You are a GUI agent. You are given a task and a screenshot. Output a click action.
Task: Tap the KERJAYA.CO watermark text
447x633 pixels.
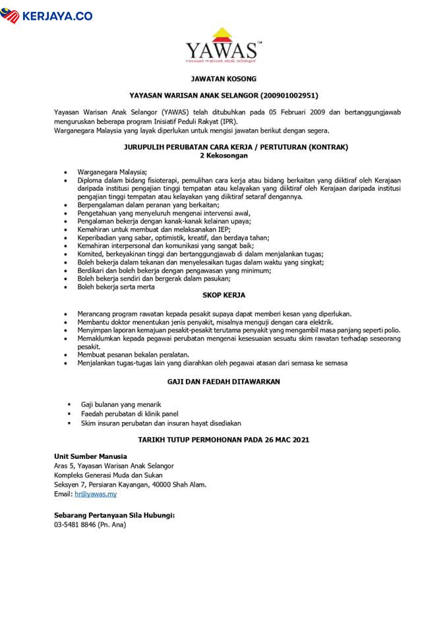coord(56,15)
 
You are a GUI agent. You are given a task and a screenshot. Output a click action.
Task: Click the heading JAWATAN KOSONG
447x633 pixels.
coord(223,78)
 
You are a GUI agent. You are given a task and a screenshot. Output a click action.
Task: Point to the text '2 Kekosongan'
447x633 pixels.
coord(223,155)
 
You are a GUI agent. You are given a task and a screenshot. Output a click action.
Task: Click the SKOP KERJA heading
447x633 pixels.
coord(223,296)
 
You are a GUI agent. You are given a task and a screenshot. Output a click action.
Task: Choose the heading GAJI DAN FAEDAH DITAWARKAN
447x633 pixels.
coord(223,381)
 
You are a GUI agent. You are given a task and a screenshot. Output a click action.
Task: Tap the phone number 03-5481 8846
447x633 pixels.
coord(74,525)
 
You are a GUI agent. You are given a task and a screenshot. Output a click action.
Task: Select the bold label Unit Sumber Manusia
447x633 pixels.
coord(90,456)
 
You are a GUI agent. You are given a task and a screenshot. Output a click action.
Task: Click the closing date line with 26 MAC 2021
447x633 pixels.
coord(223,438)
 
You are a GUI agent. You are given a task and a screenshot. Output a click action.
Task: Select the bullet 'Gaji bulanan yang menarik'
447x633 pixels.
coord(121,404)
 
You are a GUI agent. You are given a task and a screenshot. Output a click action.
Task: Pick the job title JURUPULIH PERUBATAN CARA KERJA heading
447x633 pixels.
coord(223,146)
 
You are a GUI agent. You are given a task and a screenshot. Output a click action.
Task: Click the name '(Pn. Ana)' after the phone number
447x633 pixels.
coord(111,525)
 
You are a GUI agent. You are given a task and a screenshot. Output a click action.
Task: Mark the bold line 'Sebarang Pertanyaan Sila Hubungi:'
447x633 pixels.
coord(114,515)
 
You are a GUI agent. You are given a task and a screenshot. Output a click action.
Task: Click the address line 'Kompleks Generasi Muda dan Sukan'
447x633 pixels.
coord(108,475)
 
